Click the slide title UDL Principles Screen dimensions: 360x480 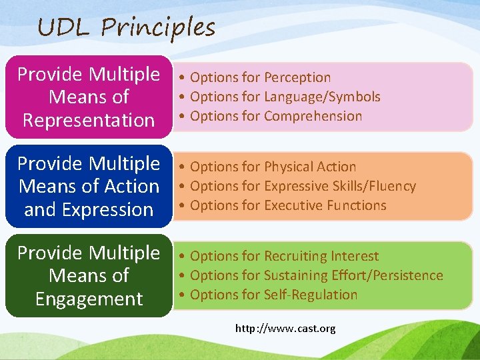click(127, 27)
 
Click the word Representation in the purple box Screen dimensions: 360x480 click(89, 120)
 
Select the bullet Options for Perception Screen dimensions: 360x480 click(260, 77)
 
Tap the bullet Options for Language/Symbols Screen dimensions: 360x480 click(285, 97)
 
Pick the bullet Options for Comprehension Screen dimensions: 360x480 click(276, 116)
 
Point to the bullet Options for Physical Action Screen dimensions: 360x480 click(273, 167)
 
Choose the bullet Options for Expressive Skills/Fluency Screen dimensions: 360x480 click(303, 186)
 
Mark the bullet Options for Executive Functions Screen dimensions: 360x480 click(288, 205)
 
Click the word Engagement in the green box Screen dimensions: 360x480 click(89, 299)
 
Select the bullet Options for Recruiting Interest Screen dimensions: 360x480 click(284, 256)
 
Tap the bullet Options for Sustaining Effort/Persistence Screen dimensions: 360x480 click(316, 275)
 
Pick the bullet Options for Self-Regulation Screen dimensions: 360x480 click(273, 295)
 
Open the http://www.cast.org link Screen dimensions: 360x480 click(285, 329)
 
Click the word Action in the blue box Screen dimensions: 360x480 click(132, 187)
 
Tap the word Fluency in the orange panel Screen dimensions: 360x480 click(392, 186)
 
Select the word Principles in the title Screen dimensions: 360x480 click(158, 27)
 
